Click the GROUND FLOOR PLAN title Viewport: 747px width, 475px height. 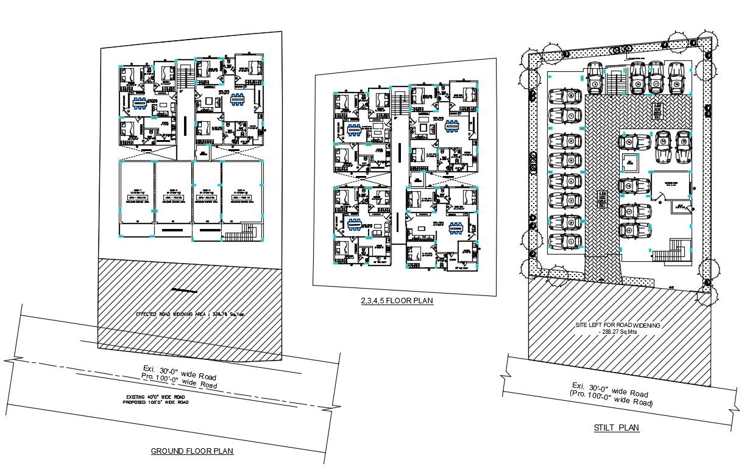[x=192, y=451]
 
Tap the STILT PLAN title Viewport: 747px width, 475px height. [x=617, y=427]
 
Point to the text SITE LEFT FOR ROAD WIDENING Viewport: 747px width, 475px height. [x=617, y=326]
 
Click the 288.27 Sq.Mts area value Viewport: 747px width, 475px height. [x=617, y=333]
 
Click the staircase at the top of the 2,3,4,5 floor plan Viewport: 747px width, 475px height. [x=400, y=103]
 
